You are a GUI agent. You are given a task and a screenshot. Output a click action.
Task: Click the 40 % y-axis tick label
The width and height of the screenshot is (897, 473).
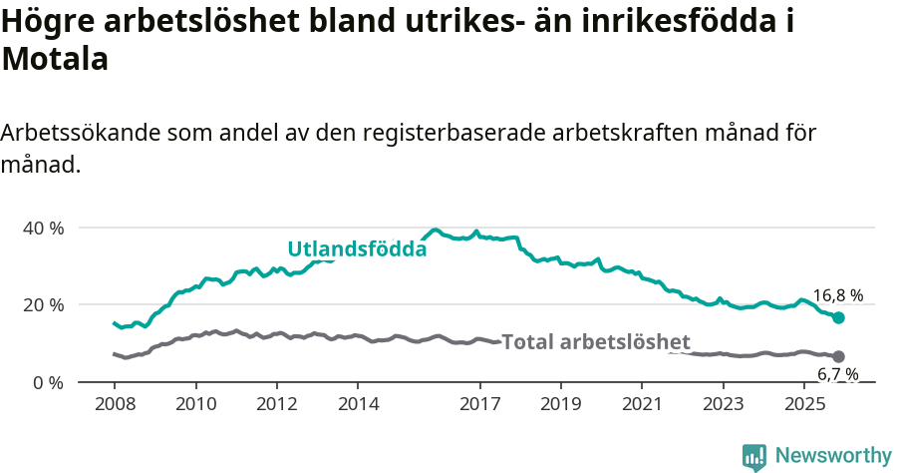[x=42, y=228]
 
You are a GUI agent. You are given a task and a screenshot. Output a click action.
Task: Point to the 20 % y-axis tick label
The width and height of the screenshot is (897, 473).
[x=42, y=304]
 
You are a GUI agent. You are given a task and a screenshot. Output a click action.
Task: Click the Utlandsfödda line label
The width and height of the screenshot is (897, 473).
[x=357, y=249]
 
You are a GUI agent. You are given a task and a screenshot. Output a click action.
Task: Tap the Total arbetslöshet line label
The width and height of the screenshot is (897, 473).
[x=595, y=341]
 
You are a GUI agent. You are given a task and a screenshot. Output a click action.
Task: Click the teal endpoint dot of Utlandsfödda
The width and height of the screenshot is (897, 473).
[x=838, y=317]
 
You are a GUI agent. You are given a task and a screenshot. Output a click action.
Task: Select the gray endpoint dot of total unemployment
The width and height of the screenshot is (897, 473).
[x=838, y=356]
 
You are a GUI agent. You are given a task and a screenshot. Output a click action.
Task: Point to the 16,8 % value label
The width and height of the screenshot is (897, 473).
[x=837, y=295]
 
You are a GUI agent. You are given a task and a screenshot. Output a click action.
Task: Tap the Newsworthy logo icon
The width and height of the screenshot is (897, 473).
[x=754, y=457]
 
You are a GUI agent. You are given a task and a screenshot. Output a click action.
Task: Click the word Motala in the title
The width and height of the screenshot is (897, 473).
[x=55, y=59]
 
